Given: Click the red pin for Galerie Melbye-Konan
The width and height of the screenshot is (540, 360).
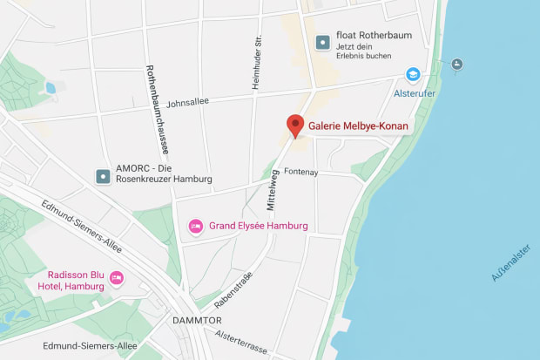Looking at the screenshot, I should click(x=295, y=124).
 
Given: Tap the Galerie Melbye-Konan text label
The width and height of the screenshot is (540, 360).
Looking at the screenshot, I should click(x=358, y=126).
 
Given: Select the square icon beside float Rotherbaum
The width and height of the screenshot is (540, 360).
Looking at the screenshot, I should click(x=323, y=41).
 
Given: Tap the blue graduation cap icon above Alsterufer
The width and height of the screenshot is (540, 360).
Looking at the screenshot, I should click(x=412, y=75).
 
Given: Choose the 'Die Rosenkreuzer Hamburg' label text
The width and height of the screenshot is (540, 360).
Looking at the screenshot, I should click(x=164, y=179).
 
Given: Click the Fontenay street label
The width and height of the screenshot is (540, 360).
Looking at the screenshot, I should click(x=300, y=173).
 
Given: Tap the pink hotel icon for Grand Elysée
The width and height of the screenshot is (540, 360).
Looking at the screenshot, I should click(x=197, y=227).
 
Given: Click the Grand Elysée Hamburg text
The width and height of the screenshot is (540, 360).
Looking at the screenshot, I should click(x=259, y=226).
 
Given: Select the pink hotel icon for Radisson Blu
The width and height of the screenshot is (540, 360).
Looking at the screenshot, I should click(x=117, y=279).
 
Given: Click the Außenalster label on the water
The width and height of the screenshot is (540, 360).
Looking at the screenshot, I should click(x=510, y=262).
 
